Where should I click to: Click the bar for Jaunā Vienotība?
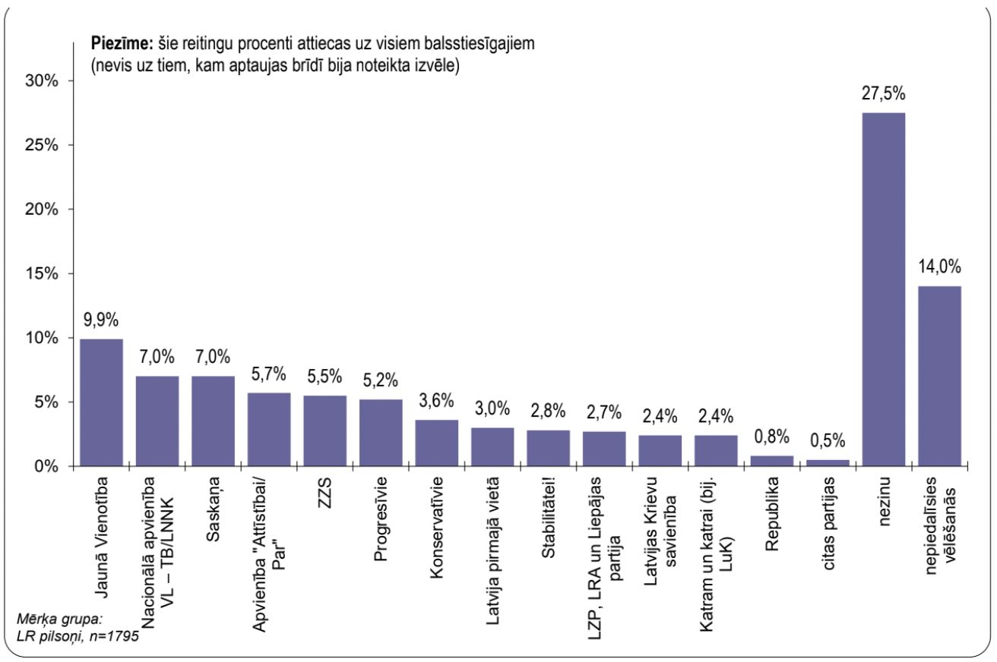tap(101, 402)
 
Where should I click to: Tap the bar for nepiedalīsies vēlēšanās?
tap(939, 376)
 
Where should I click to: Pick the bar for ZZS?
tap(324, 430)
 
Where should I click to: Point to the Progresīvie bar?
tap(381, 433)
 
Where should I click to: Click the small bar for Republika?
tap(772, 461)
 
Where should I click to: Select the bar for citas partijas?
tap(828, 462)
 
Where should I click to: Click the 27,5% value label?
tap(884, 95)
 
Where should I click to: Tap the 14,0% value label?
tap(939, 267)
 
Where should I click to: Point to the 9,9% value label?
tap(101, 320)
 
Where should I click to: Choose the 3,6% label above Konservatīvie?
tap(436, 401)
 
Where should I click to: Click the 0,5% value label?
tap(828, 441)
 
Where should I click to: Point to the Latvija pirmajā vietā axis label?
tap(492, 539)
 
